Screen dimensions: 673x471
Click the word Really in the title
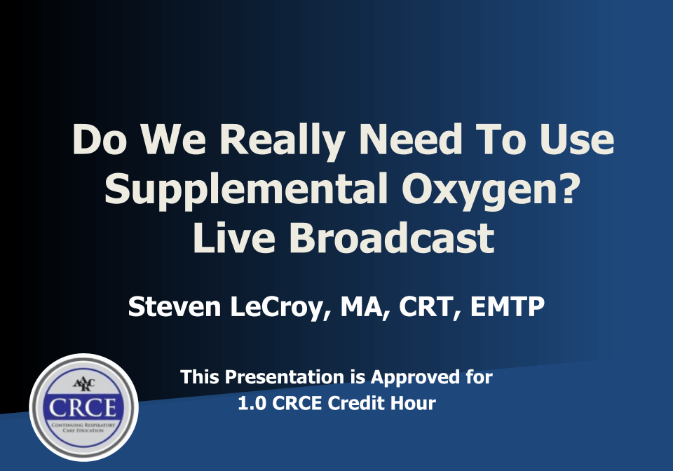[x=283, y=141]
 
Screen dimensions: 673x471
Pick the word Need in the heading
[x=411, y=140]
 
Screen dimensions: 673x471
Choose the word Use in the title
[x=577, y=140]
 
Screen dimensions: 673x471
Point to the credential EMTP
[x=508, y=306]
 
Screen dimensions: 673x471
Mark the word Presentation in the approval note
[x=285, y=377]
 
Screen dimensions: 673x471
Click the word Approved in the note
[x=414, y=378]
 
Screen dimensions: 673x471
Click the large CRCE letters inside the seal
[x=83, y=407]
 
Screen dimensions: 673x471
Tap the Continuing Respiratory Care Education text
[x=83, y=428]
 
